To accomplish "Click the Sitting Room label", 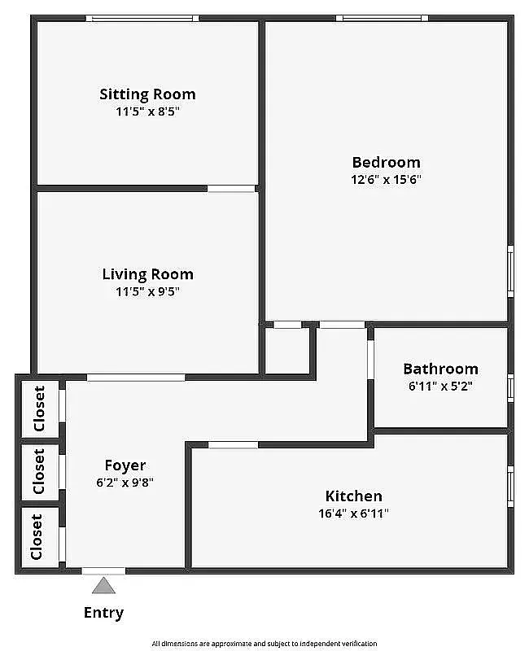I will [147, 94].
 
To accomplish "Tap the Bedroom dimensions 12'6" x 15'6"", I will [386, 180].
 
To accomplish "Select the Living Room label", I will [147, 274].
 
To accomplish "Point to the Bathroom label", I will [440, 369].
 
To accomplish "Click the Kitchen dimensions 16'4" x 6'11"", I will [353, 513].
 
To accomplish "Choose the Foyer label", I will [125, 465].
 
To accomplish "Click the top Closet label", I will [39, 409].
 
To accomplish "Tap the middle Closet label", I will [38, 472].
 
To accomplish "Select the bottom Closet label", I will [37, 536].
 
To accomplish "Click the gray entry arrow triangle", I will [103, 585].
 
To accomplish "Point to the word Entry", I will [103, 613].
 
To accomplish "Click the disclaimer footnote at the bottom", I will [264, 643].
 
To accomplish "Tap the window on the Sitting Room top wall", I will [142, 18].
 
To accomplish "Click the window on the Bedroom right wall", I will [510, 270].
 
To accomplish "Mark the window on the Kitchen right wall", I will [510, 486].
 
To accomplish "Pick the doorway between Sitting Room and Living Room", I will [231, 189].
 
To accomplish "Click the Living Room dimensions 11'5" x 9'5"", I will [147, 291].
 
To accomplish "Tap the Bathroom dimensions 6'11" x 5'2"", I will [440, 387].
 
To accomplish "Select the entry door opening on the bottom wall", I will [103, 570].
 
